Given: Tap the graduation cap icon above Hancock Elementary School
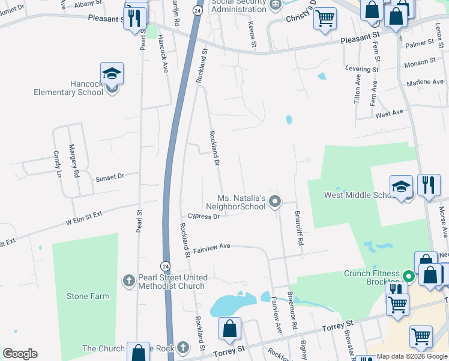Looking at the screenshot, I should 112,74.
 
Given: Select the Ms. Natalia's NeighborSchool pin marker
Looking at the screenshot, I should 275,201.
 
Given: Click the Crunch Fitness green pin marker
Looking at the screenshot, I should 408,277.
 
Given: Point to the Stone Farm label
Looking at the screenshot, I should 88,296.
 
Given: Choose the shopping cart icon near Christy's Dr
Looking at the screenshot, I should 324,18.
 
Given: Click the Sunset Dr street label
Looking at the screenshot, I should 109,177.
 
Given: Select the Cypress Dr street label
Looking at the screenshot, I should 203,217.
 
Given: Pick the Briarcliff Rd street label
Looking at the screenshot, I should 298,227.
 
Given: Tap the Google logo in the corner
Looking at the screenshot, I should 19,354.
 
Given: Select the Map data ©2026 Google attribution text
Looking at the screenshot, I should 412,356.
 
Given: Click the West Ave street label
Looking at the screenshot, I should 389,113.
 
